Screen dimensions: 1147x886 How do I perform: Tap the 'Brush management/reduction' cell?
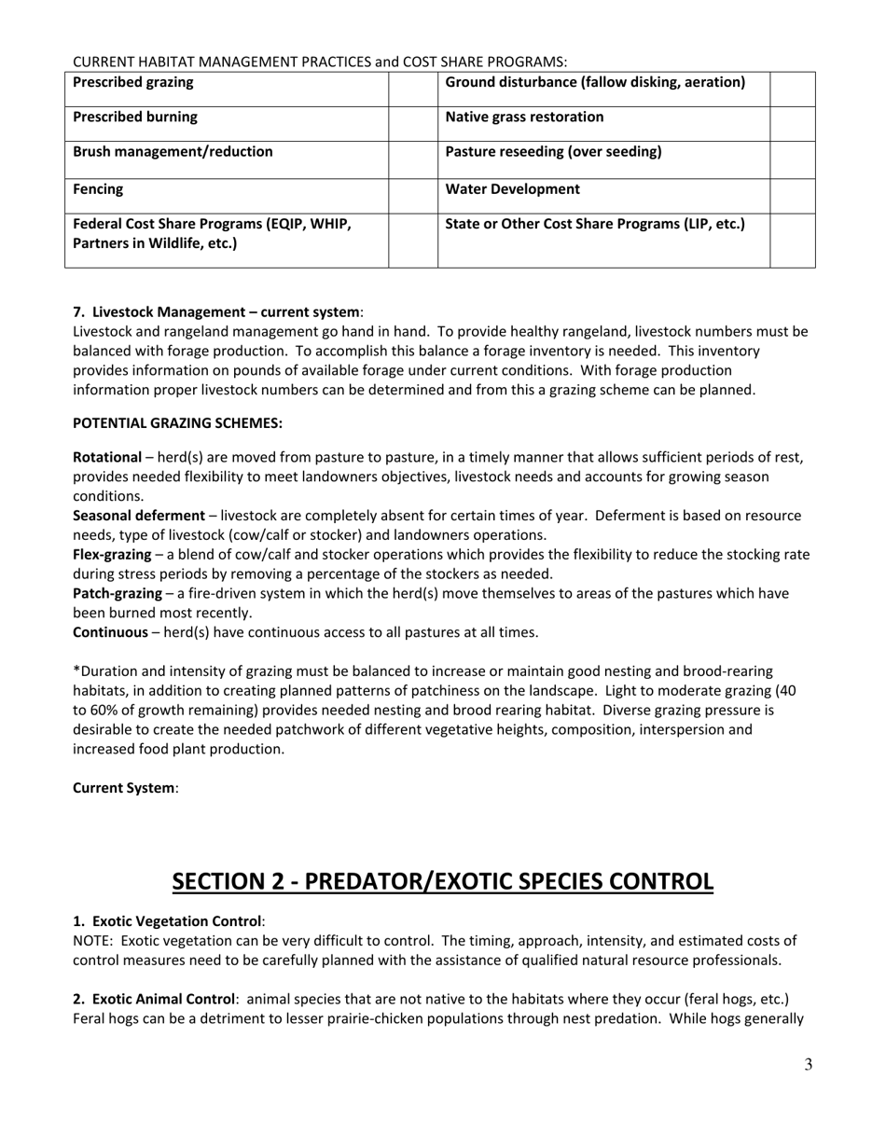173,152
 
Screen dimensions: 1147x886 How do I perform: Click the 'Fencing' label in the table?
98,189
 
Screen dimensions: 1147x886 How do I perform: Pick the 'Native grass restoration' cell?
524,117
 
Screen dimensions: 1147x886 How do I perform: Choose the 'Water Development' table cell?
512,189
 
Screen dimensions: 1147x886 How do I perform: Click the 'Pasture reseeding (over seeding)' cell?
553,152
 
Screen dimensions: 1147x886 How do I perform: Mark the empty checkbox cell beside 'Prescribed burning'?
412,124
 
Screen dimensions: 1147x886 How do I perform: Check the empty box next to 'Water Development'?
793,195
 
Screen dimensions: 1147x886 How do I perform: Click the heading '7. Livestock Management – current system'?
216,311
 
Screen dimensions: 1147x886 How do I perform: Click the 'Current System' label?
123,788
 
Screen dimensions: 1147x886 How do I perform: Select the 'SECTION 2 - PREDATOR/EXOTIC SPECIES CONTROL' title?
443,881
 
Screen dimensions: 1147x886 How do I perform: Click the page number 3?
808,1065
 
